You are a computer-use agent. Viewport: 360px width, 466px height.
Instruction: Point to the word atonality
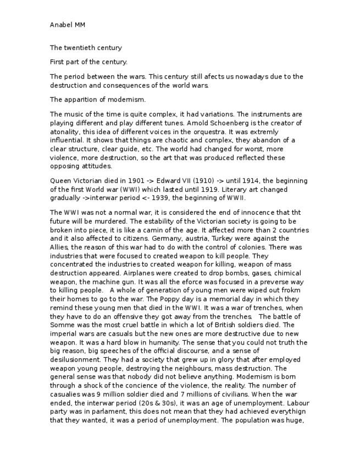point(67,132)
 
